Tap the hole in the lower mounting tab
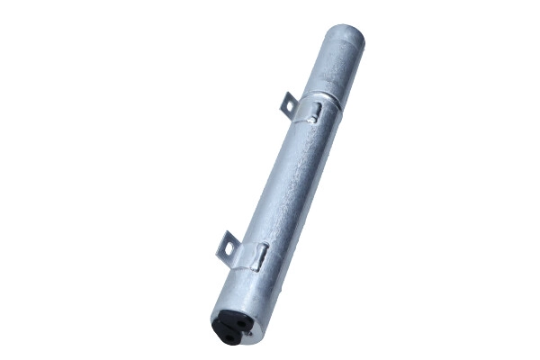(227, 243)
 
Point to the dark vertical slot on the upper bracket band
(317, 112)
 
